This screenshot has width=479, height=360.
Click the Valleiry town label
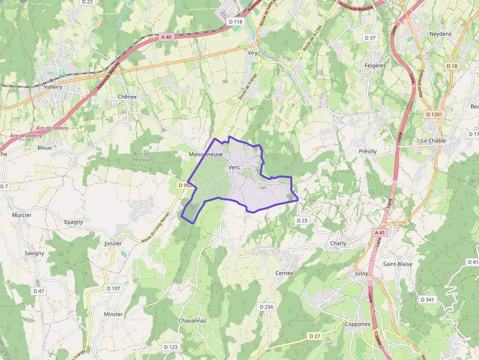point(53,86)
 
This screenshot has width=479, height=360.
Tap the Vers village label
point(234,167)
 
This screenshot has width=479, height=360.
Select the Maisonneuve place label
point(206,154)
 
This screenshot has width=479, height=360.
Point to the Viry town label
point(253,53)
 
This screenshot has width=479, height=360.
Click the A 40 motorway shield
point(167,37)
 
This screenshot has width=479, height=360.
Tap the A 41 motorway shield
point(380,233)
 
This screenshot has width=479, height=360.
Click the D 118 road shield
point(236,21)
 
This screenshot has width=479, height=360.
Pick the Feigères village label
point(375,65)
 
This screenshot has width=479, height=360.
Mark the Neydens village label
point(440,34)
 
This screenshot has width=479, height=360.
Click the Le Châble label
point(434,140)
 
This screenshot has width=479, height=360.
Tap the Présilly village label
point(368,151)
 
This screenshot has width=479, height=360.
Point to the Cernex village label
point(284,273)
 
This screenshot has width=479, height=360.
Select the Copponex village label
point(358,324)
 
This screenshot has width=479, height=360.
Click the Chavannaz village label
point(193,321)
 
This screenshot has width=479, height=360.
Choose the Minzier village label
point(113,314)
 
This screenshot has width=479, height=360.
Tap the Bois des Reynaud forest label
point(142,157)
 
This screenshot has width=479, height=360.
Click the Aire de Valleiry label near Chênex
point(52,128)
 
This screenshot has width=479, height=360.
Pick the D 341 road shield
point(427,299)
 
